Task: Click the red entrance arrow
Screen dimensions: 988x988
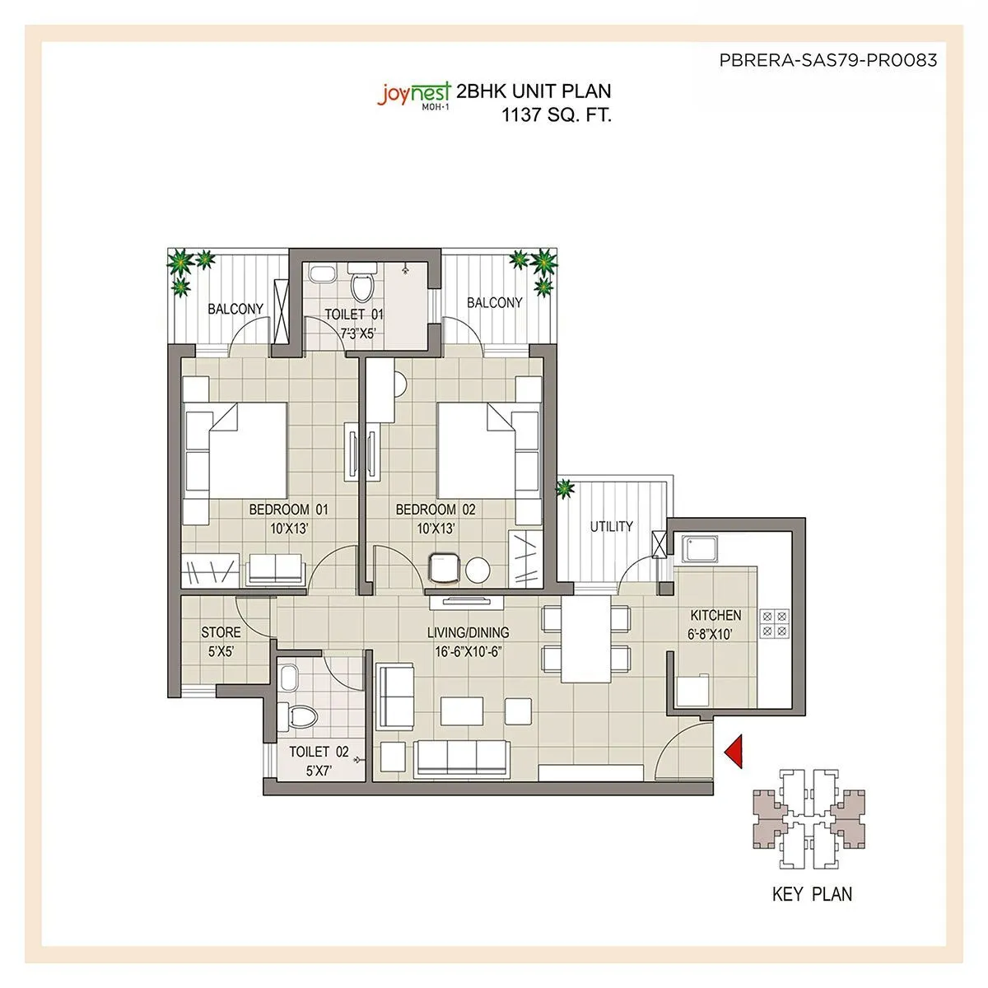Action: [734, 752]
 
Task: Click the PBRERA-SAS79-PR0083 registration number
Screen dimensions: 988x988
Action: [827, 60]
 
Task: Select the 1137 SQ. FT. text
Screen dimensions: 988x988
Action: [557, 115]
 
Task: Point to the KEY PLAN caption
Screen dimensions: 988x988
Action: [812, 893]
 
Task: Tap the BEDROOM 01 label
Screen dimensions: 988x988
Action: [288, 510]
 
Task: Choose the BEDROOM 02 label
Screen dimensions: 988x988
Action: [436, 510]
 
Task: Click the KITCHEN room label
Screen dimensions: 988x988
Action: [715, 615]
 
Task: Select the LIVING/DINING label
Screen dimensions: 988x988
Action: [468, 632]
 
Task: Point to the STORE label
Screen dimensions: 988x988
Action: [221, 632]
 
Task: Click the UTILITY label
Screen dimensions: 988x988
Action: [612, 527]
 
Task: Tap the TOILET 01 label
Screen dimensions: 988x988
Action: [353, 315]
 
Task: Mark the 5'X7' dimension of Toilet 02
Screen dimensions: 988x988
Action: [318, 772]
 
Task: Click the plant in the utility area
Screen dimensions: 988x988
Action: [565, 490]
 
